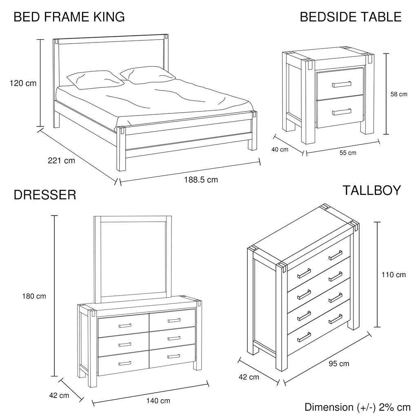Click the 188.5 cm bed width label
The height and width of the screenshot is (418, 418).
click(x=201, y=180)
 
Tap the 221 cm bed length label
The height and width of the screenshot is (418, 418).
click(x=61, y=160)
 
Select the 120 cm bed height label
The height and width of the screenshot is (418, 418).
click(x=23, y=83)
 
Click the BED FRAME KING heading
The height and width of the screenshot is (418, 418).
click(x=69, y=17)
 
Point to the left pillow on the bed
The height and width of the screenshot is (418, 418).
click(x=95, y=80)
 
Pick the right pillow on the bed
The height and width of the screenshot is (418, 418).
click(x=147, y=75)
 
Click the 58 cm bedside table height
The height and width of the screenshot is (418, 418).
click(x=399, y=94)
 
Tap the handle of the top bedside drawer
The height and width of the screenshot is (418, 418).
click(x=342, y=84)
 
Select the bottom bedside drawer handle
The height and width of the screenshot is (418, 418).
click(x=342, y=112)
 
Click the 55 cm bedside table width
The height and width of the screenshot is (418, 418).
click(x=348, y=153)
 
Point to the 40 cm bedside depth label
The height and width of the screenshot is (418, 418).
click(x=280, y=149)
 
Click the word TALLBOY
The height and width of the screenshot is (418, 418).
click(x=371, y=190)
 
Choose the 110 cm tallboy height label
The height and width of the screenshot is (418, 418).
click(x=394, y=275)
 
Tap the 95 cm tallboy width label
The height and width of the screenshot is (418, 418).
click(x=339, y=364)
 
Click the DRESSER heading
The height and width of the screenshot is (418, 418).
click(x=45, y=195)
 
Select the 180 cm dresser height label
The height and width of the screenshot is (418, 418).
click(x=34, y=296)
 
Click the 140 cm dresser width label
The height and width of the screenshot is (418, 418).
click(x=158, y=401)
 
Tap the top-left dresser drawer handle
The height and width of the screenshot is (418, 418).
click(x=125, y=325)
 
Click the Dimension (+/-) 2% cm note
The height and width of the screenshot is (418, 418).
click(x=358, y=407)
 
